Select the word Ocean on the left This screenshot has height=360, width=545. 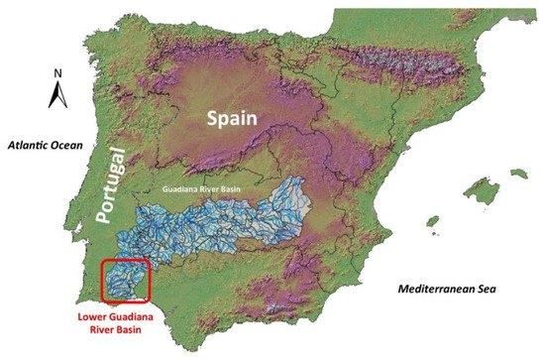[x=73, y=144]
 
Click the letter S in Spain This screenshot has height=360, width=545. [x=211, y=118]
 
